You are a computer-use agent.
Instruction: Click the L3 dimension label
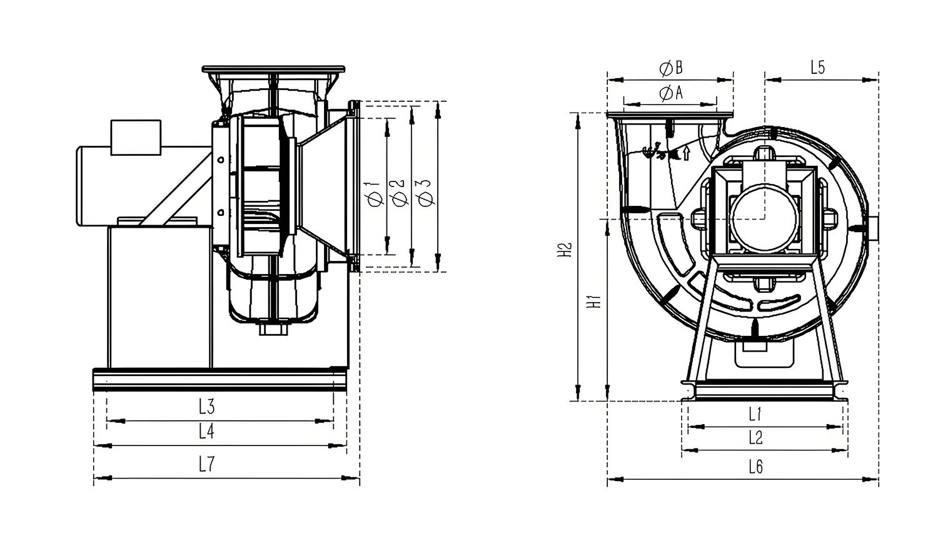tap(206, 406)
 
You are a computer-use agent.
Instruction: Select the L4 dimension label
tap(206, 431)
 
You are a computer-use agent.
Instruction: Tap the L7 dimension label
tap(206, 464)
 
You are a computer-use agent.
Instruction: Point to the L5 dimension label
tap(817, 67)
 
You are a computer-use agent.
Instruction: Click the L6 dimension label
tap(756, 467)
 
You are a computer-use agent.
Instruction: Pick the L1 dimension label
tap(755, 414)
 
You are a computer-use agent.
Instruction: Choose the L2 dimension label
tap(756, 438)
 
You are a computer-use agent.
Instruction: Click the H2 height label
tap(565, 250)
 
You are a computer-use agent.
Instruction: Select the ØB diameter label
tap(671, 68)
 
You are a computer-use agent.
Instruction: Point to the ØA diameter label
tap(671, 93)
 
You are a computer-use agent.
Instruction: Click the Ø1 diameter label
tap(375, 193)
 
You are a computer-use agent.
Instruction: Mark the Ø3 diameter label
tap(426, 193)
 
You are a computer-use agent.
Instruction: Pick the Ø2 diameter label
tap(400, 193)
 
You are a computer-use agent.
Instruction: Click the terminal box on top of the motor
tap(136, 138)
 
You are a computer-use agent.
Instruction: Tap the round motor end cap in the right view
tap(764, 218)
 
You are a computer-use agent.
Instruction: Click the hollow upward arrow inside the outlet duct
tap(686, 153)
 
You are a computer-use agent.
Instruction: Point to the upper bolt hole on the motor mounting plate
tap(221, 160)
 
